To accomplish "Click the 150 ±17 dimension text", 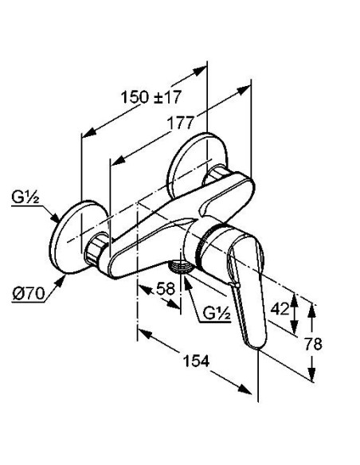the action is (151, 96).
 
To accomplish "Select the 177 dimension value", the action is (181, 123).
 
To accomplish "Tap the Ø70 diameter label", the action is (29, 294).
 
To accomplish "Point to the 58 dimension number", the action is (166, 288).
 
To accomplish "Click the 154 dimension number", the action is (197, 361).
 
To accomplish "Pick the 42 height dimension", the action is (280, 309).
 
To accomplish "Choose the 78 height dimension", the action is (314, 344).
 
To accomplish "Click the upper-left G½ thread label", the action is (25, 197).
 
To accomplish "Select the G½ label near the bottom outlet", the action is (217, 313).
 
